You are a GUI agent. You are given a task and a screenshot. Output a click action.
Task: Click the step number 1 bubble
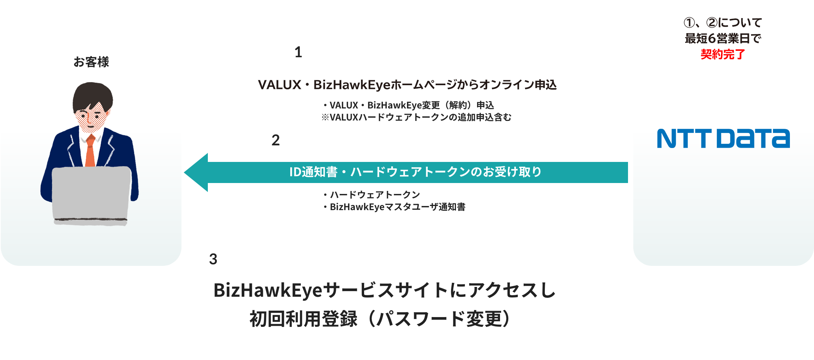[298, 52]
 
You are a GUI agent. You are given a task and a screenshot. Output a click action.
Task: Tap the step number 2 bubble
[276, 140]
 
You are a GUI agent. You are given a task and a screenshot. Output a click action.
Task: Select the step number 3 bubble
[213, 259]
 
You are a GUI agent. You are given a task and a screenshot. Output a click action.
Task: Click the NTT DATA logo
[723, 139]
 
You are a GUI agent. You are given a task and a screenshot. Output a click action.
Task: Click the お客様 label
[91, 62]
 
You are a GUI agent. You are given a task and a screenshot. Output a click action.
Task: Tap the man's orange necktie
[90, 151]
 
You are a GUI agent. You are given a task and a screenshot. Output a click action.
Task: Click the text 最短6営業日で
[723, 38]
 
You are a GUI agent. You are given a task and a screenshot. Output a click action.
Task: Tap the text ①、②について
[723, 23]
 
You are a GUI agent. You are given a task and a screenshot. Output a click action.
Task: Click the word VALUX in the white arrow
[279, 85]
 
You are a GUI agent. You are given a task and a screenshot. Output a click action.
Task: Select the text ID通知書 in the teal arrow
[313, 172]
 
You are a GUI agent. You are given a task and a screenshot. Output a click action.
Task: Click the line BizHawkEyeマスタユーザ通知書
[397, 207]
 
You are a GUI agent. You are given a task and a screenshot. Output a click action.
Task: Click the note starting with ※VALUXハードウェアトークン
[416, 117]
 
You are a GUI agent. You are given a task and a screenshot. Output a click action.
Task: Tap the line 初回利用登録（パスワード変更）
[380, 319]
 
